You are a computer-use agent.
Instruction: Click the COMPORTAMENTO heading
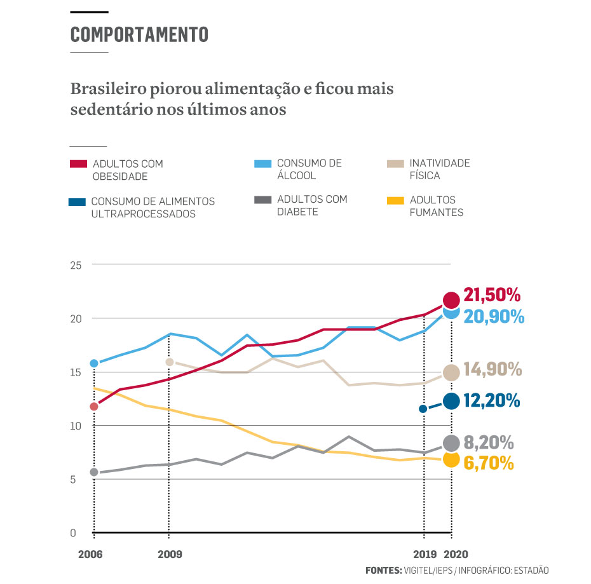(139, 34)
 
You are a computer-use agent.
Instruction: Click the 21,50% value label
(492, 295)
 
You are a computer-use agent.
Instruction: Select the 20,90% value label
(494, 316)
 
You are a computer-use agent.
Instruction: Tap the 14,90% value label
(492, 369)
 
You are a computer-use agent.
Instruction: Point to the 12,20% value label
(492, 400)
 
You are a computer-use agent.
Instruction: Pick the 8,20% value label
(489, 442)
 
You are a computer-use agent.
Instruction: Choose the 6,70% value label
(489, 463)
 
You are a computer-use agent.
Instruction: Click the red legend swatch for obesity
(78, 164)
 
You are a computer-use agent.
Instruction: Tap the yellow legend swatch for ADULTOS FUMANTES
(395, 201)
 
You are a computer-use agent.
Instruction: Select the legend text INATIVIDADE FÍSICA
(440, 169)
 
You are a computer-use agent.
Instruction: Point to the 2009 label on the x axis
(168, 554)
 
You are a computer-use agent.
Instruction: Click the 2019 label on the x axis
(424, 554)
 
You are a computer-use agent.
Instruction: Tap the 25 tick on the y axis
(76, 264)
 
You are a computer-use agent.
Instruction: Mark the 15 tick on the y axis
(76, 372)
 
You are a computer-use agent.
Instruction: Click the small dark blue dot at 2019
(423, 409)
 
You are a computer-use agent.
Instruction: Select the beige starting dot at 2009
(170, 362)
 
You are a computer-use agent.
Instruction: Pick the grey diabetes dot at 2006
(94, 472)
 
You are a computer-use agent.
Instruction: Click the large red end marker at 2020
(451, 300)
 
